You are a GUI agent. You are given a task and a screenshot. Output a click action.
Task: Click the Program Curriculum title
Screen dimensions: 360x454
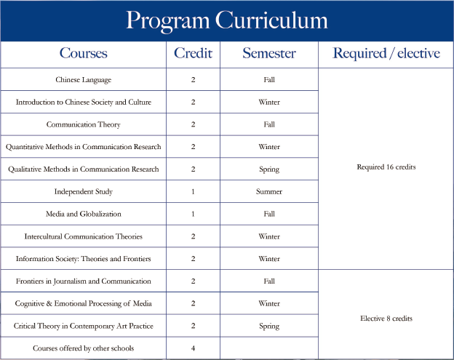[226, 20]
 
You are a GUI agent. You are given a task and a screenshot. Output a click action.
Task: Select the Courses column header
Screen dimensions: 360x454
[83, 53]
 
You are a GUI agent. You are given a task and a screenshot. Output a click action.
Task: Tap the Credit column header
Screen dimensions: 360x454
[193, 53]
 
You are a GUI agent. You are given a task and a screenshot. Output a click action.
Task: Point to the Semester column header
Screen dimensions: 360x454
[269, 53]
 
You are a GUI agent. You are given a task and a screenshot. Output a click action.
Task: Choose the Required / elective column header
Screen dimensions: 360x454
[386, 53]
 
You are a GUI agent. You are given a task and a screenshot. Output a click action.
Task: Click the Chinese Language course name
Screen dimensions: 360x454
[83, 80]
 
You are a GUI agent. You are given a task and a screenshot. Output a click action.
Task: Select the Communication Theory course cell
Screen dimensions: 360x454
[83, 124]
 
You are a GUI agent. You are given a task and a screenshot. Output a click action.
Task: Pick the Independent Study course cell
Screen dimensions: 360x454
[83, 192]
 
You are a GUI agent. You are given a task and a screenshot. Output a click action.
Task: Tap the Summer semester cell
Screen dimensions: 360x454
[269, 192]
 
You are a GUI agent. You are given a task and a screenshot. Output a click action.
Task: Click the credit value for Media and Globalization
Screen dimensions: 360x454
[193, 214]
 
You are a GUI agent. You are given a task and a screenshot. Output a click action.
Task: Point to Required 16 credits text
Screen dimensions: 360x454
[386, 167]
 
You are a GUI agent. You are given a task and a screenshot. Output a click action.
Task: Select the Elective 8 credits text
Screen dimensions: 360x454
[386, 319]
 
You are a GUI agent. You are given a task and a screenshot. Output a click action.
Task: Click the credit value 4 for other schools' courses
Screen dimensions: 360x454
[193, 348]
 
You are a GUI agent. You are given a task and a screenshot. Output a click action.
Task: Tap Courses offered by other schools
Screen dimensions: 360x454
[83, 348]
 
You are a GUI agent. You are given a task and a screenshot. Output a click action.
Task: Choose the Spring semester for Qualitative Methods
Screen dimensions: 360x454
[269, 169]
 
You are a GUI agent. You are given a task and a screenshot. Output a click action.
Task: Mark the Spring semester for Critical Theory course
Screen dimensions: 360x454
[269, 326]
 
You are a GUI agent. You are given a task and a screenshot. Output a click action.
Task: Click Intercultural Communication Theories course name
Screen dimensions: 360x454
[83, 236]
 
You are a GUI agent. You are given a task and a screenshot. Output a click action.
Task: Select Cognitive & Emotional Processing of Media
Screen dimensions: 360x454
[83, 303]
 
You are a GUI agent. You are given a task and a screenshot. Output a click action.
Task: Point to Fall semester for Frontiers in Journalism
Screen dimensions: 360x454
[269, 281]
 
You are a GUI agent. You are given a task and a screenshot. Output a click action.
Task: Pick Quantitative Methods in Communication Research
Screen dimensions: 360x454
[83, 147]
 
